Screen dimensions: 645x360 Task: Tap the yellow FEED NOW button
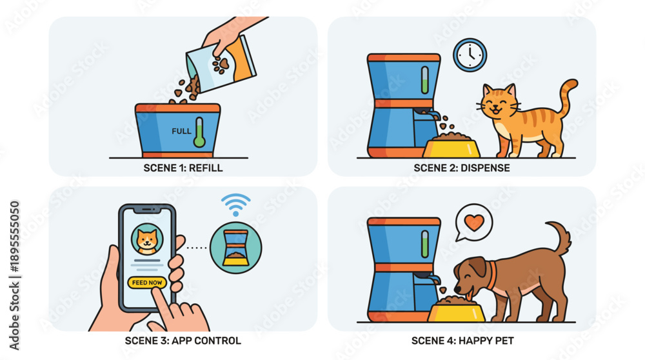click(147, 283)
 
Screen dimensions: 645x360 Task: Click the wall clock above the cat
click(470, 55)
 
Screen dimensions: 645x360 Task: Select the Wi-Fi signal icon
click(235, 205)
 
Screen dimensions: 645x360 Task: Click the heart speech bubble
click(473, 223)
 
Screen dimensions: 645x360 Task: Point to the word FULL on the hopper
click(181, 131)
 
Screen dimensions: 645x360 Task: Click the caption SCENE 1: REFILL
click(183, 168)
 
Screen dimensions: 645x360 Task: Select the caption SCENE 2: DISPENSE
click(462, 168)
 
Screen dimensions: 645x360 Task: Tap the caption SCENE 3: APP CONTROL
click(183, 341)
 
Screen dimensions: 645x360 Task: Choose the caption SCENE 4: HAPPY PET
click(462, 341)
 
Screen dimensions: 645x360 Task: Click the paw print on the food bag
click(221, 65)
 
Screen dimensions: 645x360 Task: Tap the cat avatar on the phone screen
click(147, 239)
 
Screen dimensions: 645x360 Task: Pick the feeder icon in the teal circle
click(235, 248)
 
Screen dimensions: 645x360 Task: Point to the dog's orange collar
click(491, 275)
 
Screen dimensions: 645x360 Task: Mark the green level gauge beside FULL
click(199, 132)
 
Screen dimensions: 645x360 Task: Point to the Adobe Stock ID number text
click(14, 237)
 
